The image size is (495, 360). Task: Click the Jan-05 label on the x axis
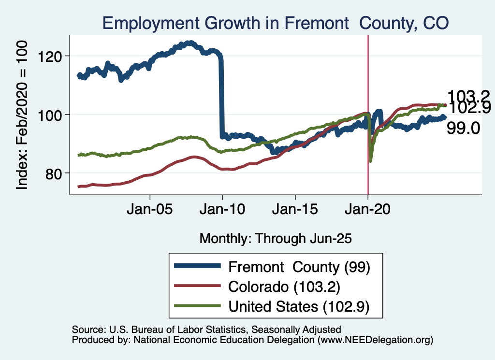coord(150,211)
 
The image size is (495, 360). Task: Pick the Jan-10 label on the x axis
coord(222,211)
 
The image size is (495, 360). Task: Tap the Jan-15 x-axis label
coord(295,211)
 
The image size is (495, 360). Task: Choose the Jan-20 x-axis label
coord(368,211)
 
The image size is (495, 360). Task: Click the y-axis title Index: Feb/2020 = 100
coord(23,115)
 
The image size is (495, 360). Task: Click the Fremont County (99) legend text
coord(299,267)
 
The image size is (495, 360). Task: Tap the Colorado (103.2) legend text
coord(285,287)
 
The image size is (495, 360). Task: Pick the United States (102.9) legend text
coord(299,306)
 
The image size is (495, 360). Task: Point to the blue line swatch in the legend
coord(198,267)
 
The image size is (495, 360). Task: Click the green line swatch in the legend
coord(198,306)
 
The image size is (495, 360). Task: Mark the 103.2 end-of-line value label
coord(468,96)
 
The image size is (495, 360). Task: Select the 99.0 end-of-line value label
coord(463,128)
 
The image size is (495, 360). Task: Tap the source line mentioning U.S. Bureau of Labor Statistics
coord(206,330)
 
